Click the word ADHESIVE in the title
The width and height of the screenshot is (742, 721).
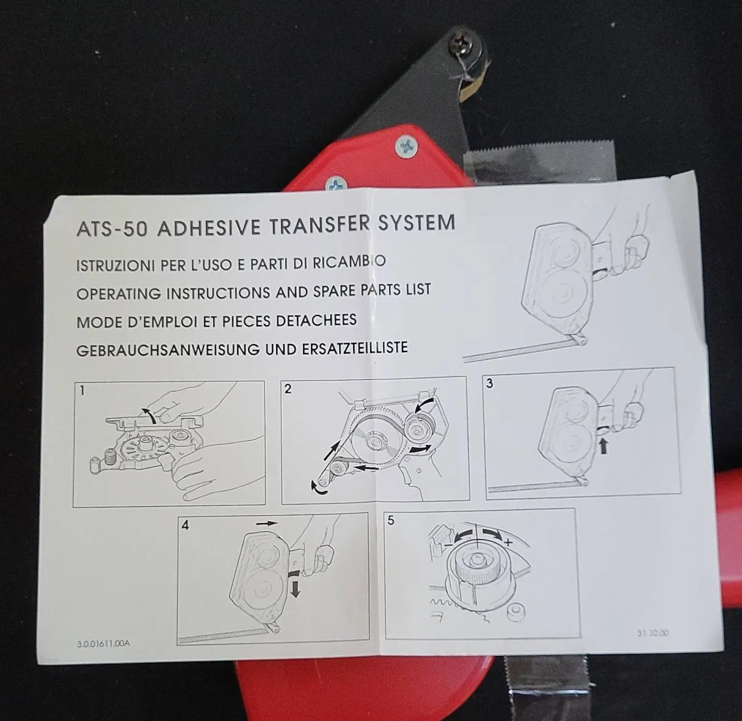[x=209, y=228]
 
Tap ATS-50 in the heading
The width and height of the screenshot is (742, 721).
[x=112, y=229]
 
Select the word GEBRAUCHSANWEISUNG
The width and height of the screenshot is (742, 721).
[x=168, y=350]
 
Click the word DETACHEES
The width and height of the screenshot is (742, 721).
[x=316, y=320]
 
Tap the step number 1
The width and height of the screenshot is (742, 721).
[x=82, y=390]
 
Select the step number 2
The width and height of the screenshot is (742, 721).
[x=288, y=389]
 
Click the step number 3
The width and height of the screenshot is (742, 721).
[x=490, y=383]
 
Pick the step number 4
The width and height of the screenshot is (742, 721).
[x=185, y=525]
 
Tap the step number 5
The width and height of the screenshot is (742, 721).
[x=391, y=521]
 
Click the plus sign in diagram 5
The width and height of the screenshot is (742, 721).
[x=508, y=542]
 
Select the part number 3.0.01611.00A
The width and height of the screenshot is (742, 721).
[x=103, y=644]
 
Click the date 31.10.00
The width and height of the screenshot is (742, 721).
[x=653, y=633]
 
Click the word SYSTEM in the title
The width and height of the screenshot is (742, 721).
[x=416, y=222]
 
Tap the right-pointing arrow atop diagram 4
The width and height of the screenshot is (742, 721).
[x=267, y=524]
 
